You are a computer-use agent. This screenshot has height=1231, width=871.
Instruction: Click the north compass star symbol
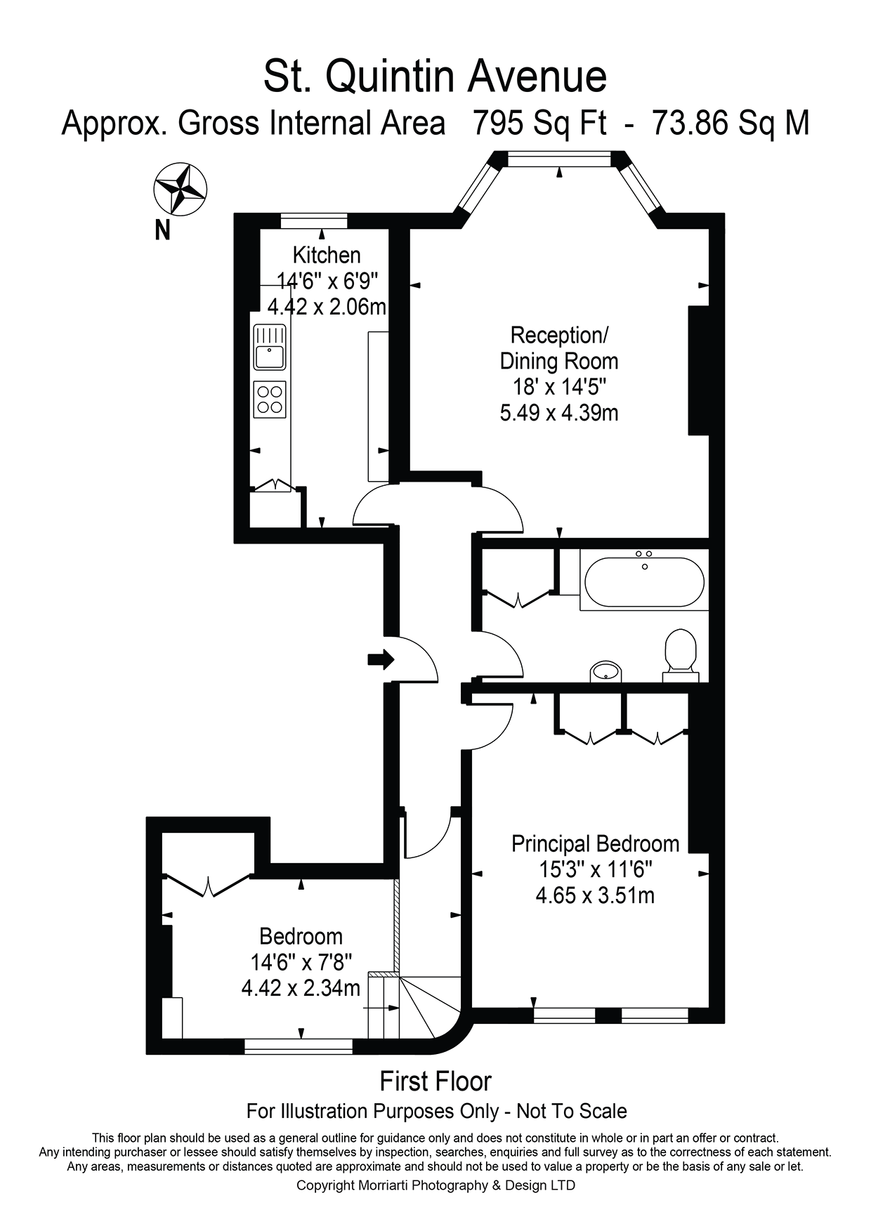pyautogui.click(x=180, y=188)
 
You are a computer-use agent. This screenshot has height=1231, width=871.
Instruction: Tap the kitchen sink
pyautogui.click(x=269, y=348)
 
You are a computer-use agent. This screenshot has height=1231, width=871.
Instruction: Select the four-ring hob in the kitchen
pyautogui.click(x=269, y=399)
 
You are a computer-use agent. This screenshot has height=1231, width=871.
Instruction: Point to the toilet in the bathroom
pyautogui.click(x=680, y=652)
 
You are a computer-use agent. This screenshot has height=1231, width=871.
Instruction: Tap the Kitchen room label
pyautogui.click(x=327, y=254)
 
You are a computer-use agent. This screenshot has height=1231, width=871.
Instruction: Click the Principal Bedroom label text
pyautogui.click(x=595, y=843)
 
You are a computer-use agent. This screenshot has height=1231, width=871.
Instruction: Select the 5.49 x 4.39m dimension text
pyautogui.click(x=559, y=412)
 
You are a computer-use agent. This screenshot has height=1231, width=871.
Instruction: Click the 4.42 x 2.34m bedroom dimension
pyautogui.click(x=301, y=988)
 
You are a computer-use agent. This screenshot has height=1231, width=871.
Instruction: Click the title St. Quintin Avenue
pyautogui.click(x=435, y=77)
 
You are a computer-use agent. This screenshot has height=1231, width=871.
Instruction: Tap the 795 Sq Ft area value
pyautogui.click(x=539, y=124)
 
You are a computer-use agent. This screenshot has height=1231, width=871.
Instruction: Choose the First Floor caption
pyautogui.click(x=435, y=1081)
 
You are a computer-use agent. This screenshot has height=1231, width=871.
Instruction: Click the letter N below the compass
pyautogui.click(x=162, y=230)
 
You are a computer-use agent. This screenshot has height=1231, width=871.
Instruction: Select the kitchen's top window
pyautogui.click(x=314, y=219)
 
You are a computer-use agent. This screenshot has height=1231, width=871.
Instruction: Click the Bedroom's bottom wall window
pyautogui.click(x=298, y=1046)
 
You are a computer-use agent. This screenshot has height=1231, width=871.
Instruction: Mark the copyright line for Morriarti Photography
pyautogui.click(x=435, y=1185)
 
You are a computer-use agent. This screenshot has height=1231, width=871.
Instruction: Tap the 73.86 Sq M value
pyautogui.click(x=731, y=124)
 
